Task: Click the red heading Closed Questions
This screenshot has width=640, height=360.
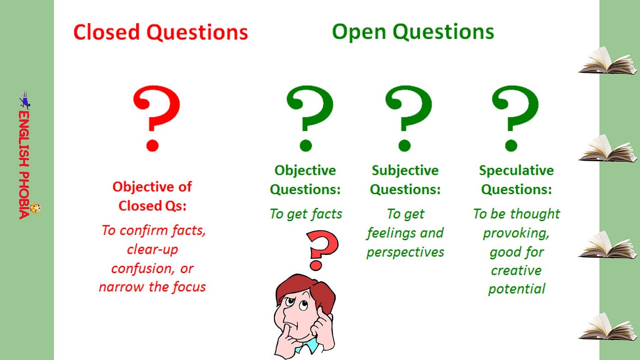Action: click(160, 33)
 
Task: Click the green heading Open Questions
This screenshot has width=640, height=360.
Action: click(413, 32)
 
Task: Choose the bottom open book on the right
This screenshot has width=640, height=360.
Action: click(607, 327)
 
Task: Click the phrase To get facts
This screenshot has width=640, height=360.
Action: click(306, 214)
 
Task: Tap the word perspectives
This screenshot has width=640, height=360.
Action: click(405, 252)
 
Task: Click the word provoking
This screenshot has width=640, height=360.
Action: click(516, 233)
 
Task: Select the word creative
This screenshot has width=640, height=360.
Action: click(516, 270)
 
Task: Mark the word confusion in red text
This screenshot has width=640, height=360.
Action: click(139, 268)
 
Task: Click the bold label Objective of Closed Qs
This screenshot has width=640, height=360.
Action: click(152, 196)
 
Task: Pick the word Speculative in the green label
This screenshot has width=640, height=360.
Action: click(516, 171)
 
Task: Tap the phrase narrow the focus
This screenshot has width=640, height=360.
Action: click(152, 287)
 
